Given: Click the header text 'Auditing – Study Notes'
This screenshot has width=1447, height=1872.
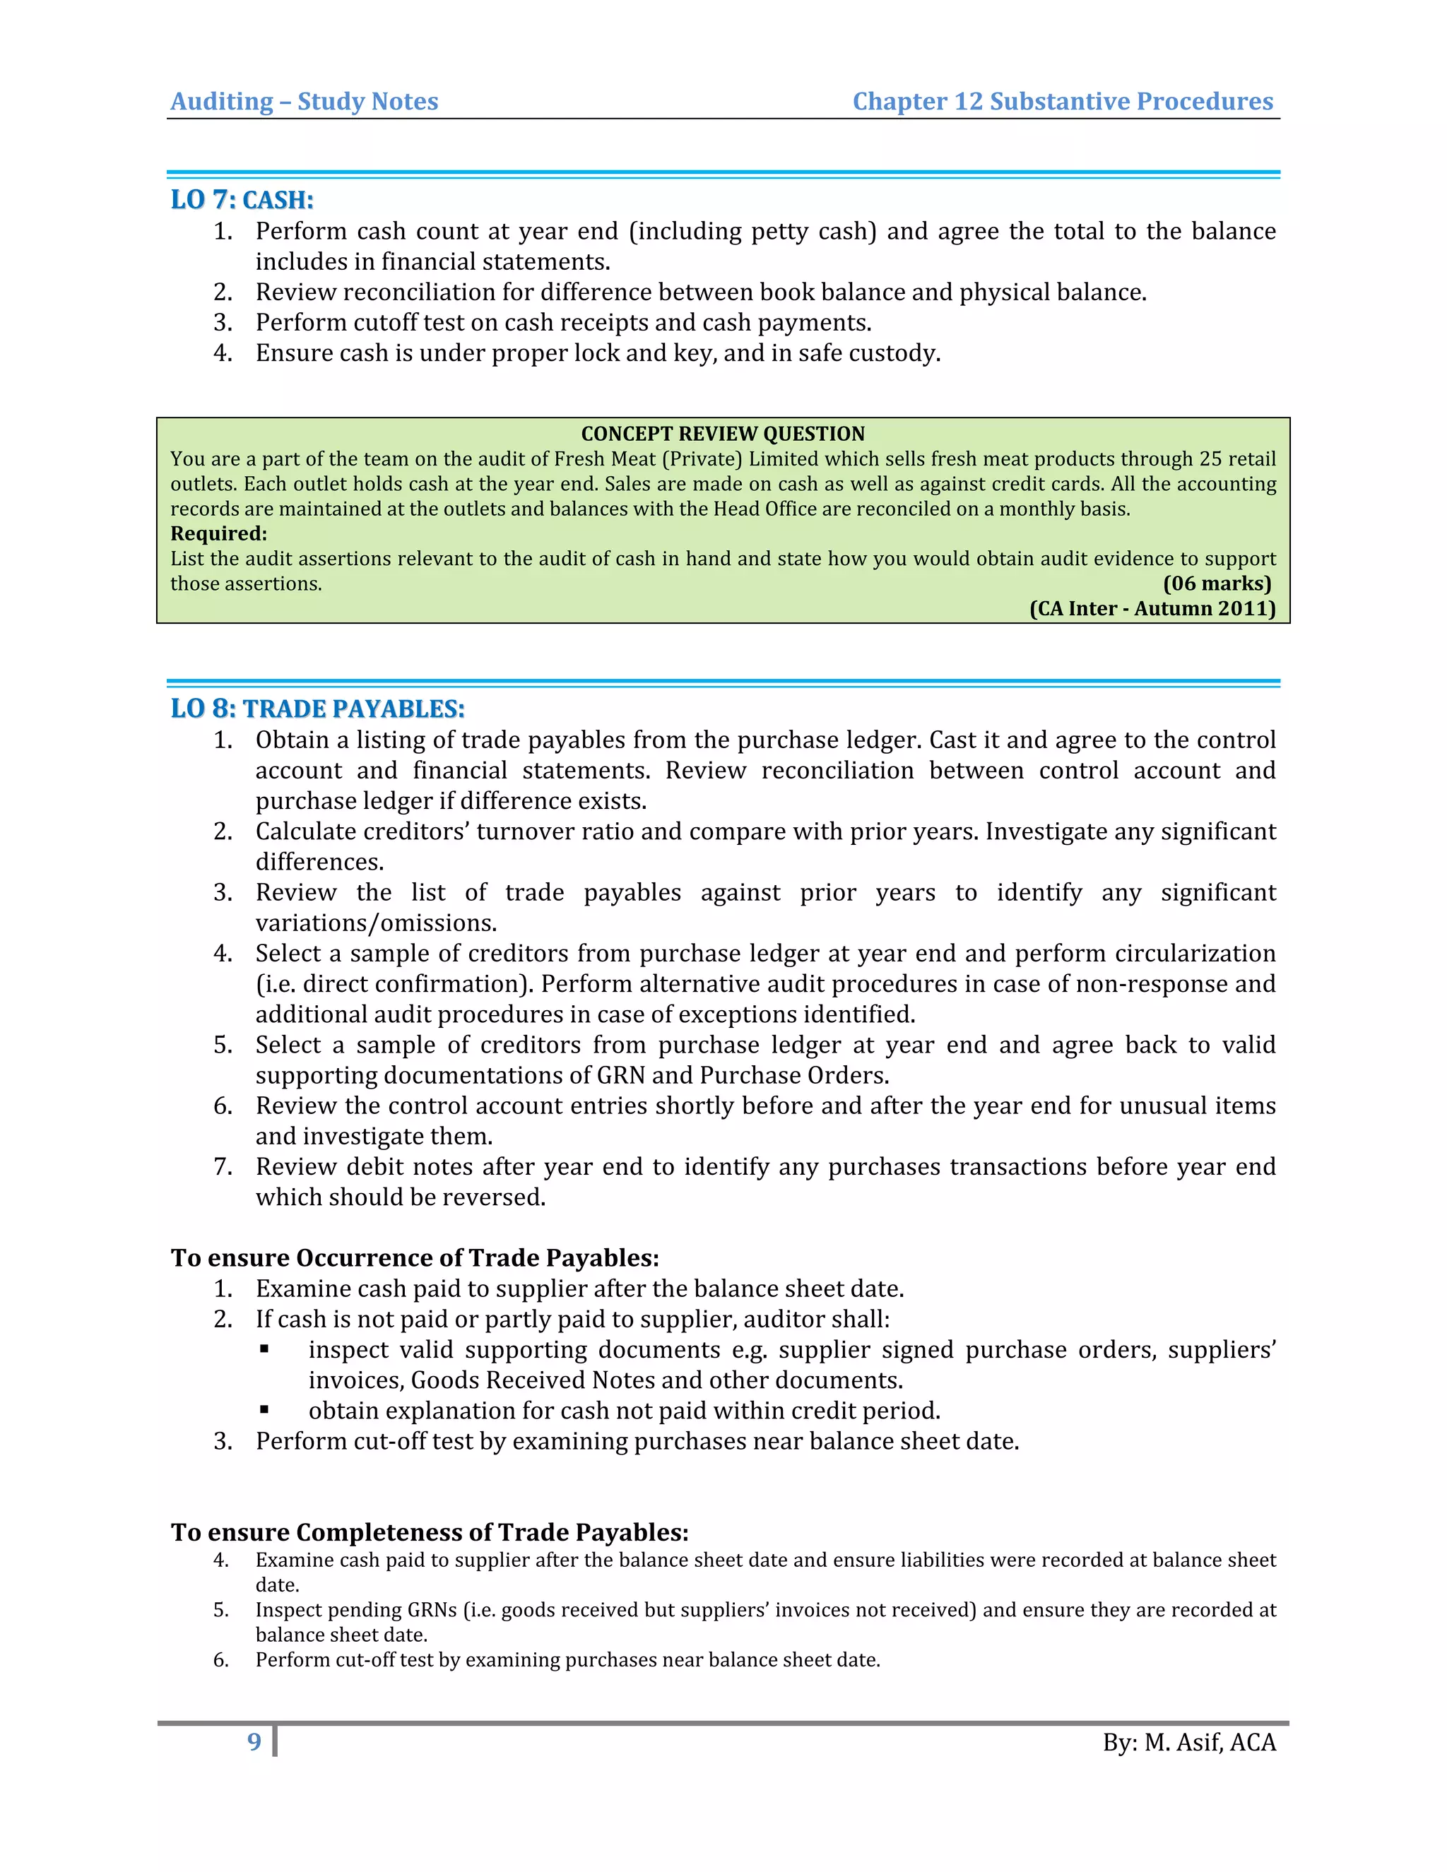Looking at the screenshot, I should point(305,101).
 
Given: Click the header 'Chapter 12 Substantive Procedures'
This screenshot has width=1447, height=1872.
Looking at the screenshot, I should point(1062,101).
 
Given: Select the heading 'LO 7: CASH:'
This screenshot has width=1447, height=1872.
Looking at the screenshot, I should point(242,200).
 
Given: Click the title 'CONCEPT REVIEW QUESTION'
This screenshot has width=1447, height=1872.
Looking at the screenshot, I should point(723,434).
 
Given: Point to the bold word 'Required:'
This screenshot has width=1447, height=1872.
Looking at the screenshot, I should point(218,533).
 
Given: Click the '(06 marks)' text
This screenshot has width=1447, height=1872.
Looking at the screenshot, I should point(1217,583).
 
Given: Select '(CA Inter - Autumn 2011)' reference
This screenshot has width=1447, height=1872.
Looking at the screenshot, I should point(1152,608).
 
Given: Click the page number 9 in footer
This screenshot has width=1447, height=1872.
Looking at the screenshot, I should point(254,1742).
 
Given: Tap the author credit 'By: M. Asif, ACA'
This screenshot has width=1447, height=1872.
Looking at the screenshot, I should point(1189,1743).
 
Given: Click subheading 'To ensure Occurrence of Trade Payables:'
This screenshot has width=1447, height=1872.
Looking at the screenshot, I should point(415,1257).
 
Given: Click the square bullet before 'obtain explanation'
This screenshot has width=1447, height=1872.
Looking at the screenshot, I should point(265,1409).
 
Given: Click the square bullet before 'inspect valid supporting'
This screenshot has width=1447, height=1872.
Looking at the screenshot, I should point(265,1349).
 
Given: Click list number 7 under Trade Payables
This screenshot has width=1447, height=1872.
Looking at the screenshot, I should point(223,1166).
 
